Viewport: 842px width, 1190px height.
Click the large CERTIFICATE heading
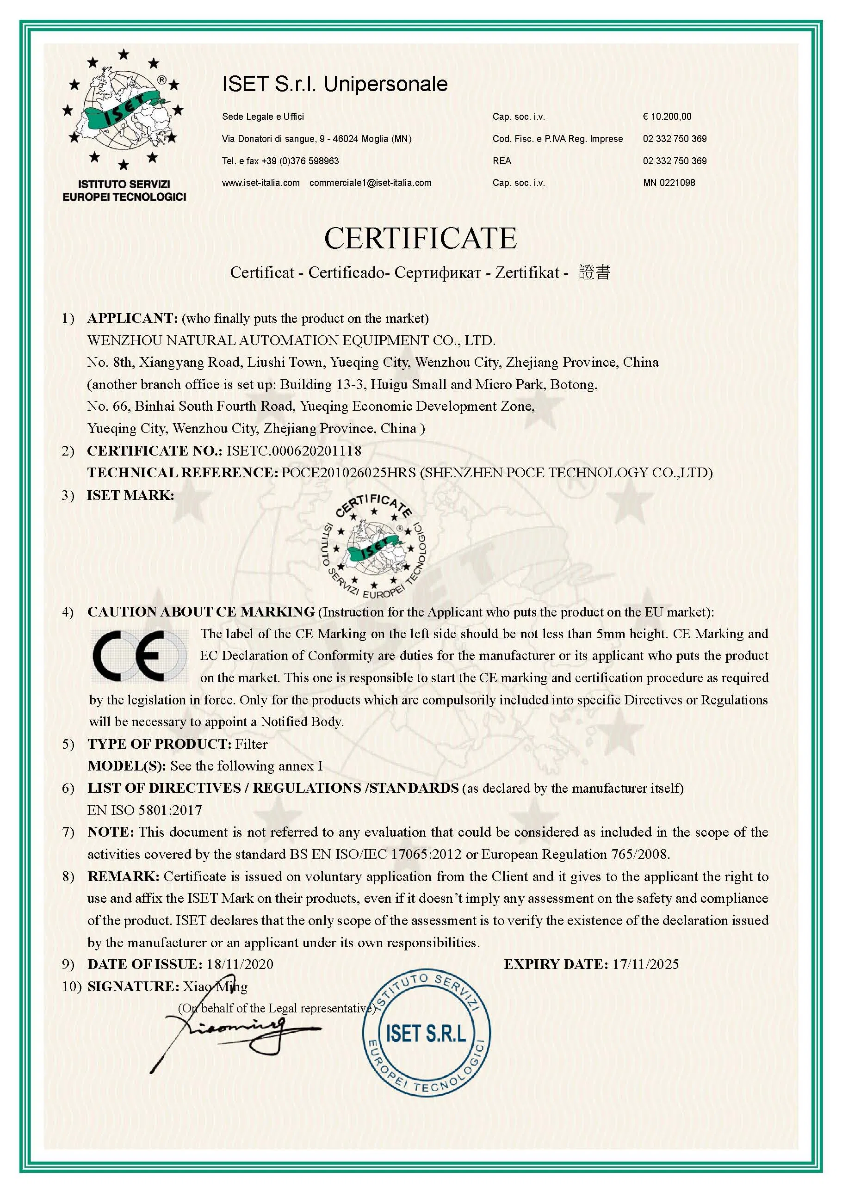[x=420, y=238]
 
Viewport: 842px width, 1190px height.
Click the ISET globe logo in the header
[x=124, y=109]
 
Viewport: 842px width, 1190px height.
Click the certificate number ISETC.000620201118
[x=293, y=451]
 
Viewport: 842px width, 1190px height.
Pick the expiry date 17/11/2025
[x=645, y=964]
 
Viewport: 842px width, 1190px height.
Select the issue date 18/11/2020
[x=240, y=964]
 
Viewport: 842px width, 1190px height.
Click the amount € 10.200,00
[x=667, y=117]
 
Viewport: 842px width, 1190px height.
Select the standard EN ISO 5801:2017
[x=145, y=810]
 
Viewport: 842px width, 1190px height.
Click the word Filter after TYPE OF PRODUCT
[x=252, y=744]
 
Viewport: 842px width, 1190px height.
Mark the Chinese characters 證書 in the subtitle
[x=594, y=272]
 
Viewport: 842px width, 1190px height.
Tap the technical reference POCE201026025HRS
[x=348, y=473]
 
